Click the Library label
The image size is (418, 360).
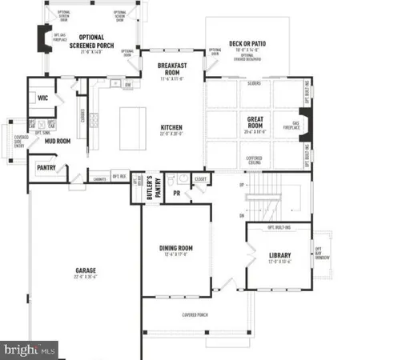(x=279, y=256)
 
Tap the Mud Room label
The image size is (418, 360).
(x=57, y=141)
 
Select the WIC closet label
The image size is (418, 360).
(x=43, y=98)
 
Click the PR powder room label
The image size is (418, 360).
(x=175, y=193)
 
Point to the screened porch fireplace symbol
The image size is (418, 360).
(x=46, y=38)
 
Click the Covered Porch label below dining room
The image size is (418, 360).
(x=195, y=314)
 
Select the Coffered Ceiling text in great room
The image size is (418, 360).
(x=255, y=158)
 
